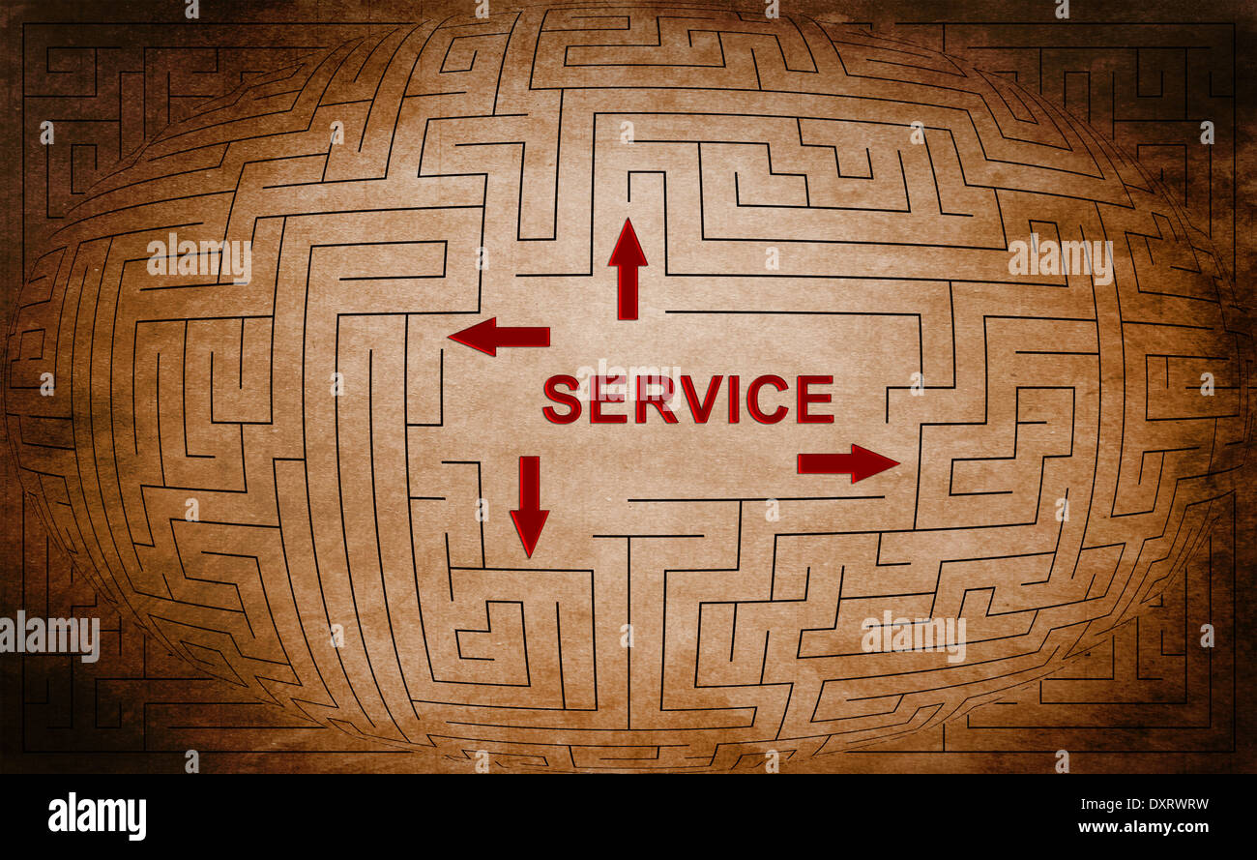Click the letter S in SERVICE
pos(562,400)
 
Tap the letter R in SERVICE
pos(656,400)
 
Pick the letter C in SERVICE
pos(767,400)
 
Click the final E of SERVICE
pos(815,400)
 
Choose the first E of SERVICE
pos(609,400)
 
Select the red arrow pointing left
pos(498,336)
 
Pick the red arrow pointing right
pos(847,463)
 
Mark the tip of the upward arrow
pos(628,221)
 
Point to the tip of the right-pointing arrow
pos(897,463)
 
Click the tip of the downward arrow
pos(529,554)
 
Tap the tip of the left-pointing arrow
pos(450,336)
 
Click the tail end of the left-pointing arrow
pos(547,337)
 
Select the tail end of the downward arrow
pos(529,459)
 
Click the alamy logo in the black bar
pos(97,816)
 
